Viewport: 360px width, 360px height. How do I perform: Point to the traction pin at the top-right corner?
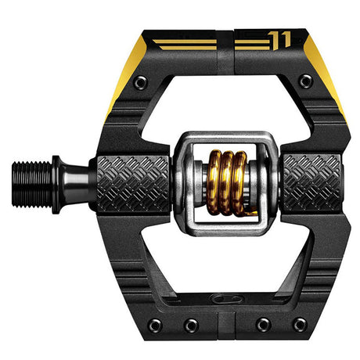tap(306, 81)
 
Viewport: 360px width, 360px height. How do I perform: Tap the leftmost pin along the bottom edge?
tap(155, 324)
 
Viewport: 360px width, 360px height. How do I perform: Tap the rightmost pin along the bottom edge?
tap(298, 324)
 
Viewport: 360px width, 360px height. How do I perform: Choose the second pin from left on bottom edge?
tap(190, 324)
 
